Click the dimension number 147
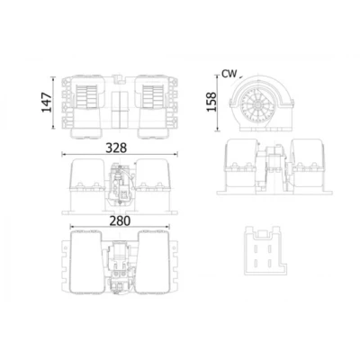coord(47,103)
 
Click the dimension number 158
coord(211,102)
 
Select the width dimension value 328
coord(116,148)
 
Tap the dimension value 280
coord(120,221)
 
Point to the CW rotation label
coord(229,74)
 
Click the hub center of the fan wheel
coord(257,104)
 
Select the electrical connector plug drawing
coord(265,251)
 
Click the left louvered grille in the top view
coord(87,95)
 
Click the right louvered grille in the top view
coord(153,95)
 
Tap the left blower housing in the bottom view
coord(85,262)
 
